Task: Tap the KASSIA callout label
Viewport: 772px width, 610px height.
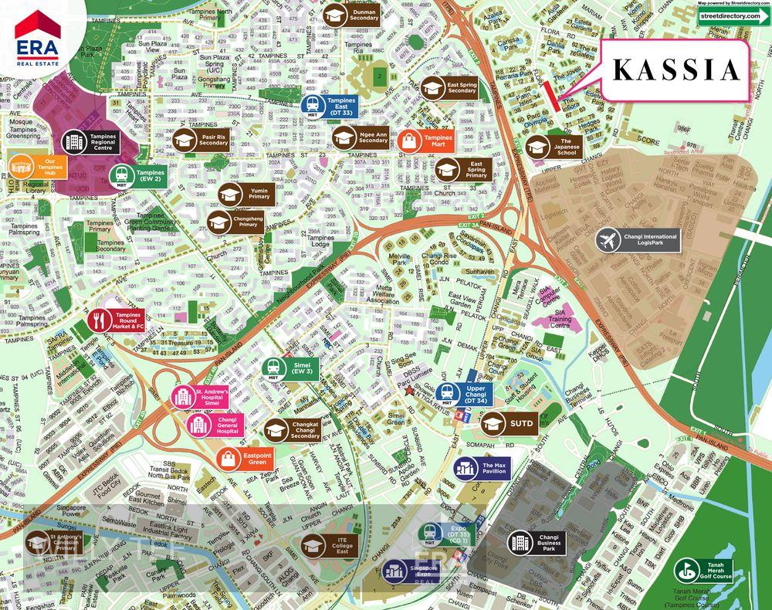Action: point(675,71)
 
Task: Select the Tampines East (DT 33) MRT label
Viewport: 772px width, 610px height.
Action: point(328,107)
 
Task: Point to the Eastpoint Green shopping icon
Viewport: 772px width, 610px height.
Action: point(229,457)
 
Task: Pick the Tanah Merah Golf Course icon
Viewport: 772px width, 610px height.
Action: point(685,571)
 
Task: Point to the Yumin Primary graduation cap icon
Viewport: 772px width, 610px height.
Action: point(232,195)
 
